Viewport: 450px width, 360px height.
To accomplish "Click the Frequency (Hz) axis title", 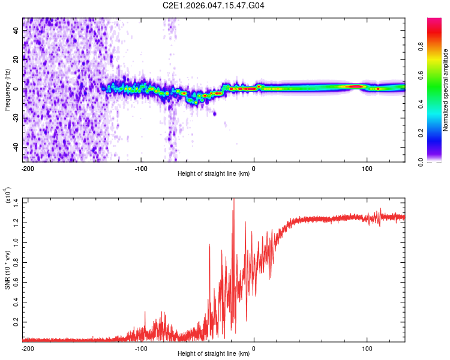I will (x=8, y=89).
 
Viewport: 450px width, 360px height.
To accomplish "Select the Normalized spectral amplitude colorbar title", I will (x=446, y=90).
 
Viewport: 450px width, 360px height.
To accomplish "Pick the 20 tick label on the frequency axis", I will (x=16, y=59).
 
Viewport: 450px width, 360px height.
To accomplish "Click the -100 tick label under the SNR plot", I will (x=141, y=347).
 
